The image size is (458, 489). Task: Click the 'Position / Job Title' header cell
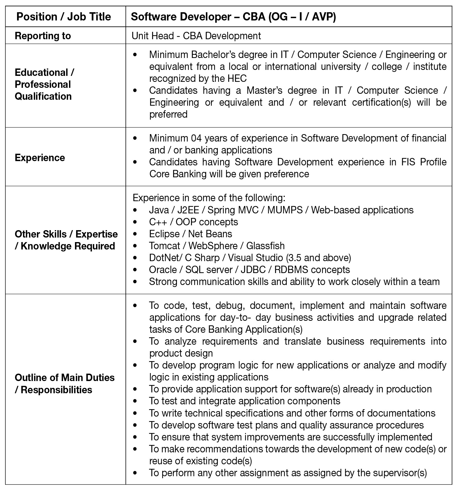click(64, 17)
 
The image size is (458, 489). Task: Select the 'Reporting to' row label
click(43, 36)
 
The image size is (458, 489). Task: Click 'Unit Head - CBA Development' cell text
click(196, 36)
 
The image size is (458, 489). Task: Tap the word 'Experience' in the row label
click(40, 158)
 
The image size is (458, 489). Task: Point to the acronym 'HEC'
click(237, 78)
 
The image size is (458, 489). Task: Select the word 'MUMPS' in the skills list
click(285, 210)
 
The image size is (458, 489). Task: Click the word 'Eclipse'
click(164, 234)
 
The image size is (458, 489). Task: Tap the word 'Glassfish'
click(265, 246)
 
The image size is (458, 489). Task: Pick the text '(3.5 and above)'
click(318, 258)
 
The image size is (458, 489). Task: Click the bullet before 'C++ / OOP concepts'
click(135, 222)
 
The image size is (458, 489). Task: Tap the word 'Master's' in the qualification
click(264, 90)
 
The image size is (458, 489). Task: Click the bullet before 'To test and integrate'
click(135, 401)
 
